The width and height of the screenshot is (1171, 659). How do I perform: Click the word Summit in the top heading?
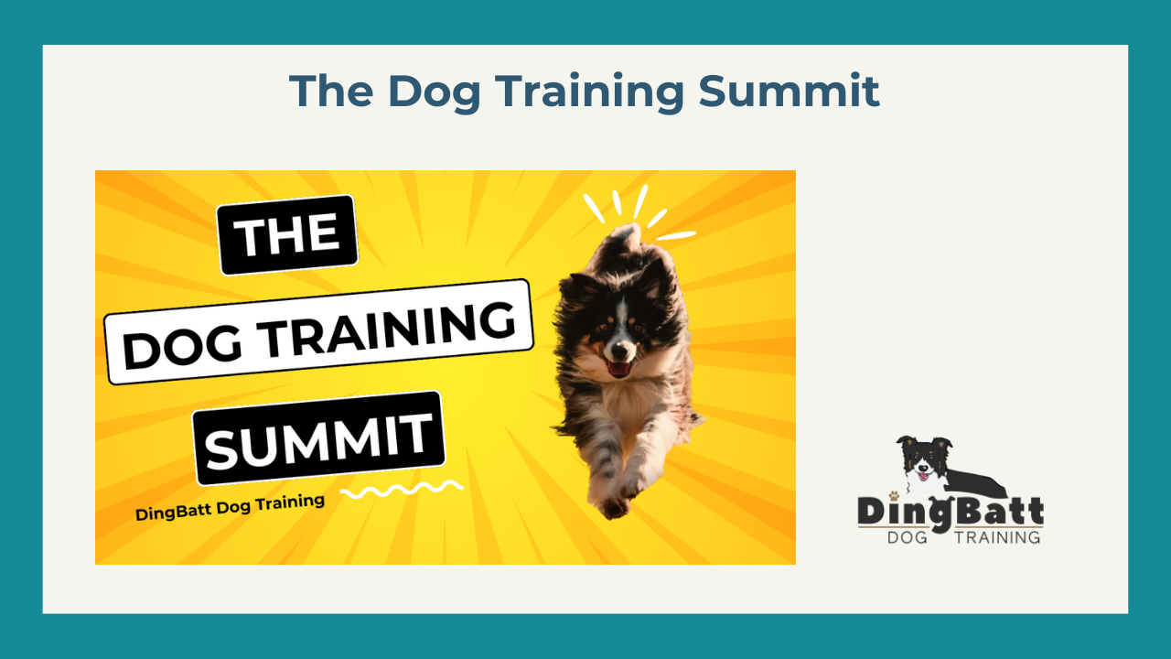[x=789, y=91]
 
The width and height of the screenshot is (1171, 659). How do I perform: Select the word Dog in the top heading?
[x=434, y=93]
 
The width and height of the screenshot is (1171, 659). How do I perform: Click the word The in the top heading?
[x=331, y=91]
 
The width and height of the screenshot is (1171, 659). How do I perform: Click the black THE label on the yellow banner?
[x=287, y=235]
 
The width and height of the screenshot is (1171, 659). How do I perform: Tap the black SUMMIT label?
[x=319, y=438]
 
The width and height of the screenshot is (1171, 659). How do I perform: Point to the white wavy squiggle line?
[x=402, y=490]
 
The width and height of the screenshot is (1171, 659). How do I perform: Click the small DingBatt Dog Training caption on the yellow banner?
[x=230, y=507]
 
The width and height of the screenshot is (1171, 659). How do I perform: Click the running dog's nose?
[x=619, y=348]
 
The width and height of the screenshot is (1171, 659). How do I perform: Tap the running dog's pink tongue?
[x=619, y=369]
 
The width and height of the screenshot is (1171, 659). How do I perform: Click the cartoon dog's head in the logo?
[x=924, y=461]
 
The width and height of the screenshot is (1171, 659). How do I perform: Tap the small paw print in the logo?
[x=895, y=495]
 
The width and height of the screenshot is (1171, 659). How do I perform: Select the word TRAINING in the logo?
[x=997, y=537]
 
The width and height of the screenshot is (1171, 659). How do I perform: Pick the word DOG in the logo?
[x=908, y=537]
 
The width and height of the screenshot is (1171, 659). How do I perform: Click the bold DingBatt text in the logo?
[x=951, y=512]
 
